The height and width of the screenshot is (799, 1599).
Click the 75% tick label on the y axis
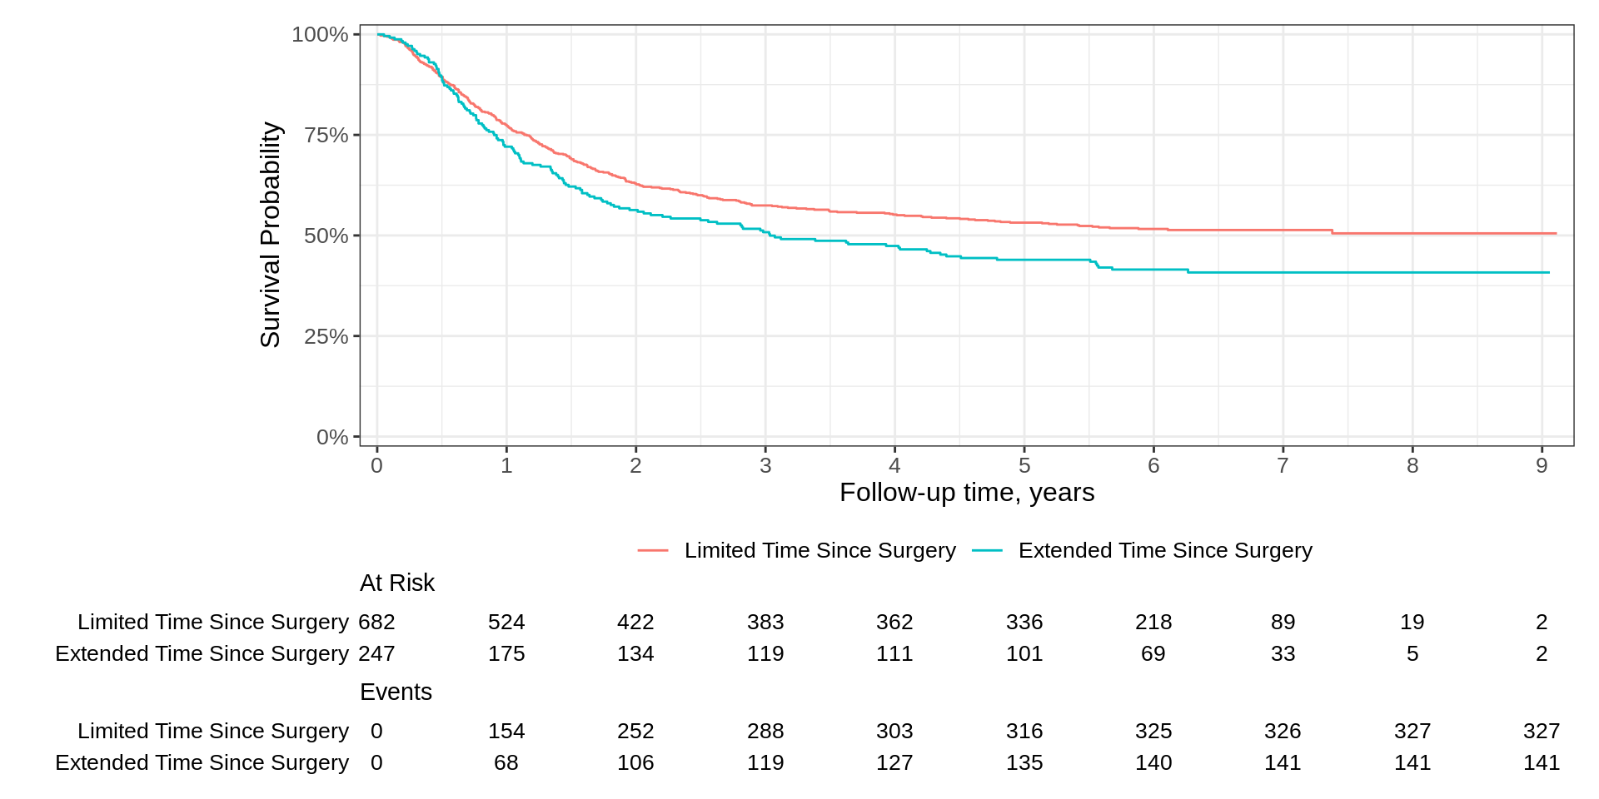pyautogui.click(x=326, y=135)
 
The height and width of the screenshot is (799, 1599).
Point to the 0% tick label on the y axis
pyautogui.click(x=331, y=437)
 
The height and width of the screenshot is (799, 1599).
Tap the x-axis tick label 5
pyautogui.click(x=1024, y=465)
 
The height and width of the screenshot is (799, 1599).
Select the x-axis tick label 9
pyautogui.click(x=1542, y=465)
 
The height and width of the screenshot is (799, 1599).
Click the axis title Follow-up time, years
pyautogui.click(x=966, y=493)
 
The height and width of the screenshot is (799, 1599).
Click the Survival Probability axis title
pyautogui.click(x=270, y=235)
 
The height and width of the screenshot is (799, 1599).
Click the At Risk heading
pyautogui.click(x=396, y=583)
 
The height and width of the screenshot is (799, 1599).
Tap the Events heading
pyautogui.click(x=396, y=692)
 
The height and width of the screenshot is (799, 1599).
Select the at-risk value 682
pyautogui.click(x=376, y=622)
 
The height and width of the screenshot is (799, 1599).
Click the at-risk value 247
pyautogui.click(x=376, y=653)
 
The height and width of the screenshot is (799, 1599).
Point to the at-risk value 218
pyautogui.click(x=1153, y=622)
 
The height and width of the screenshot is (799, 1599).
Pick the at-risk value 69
pyautogui.click(x=1153, y=653)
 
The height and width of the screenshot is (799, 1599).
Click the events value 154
pyautogui.click(x=506, y=731)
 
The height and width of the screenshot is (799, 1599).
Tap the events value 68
pyautogui.click(x=506, y=762)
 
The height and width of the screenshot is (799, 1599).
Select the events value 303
pyautogui.click(x=894, y=731)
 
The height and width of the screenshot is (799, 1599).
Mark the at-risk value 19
pyautogui.click(x=1412, y=622)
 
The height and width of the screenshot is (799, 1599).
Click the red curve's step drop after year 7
pyautogui.click(x=1332, y=231)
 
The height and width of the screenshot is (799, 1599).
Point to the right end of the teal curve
pyautogui.click(x=1548, y=272)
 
